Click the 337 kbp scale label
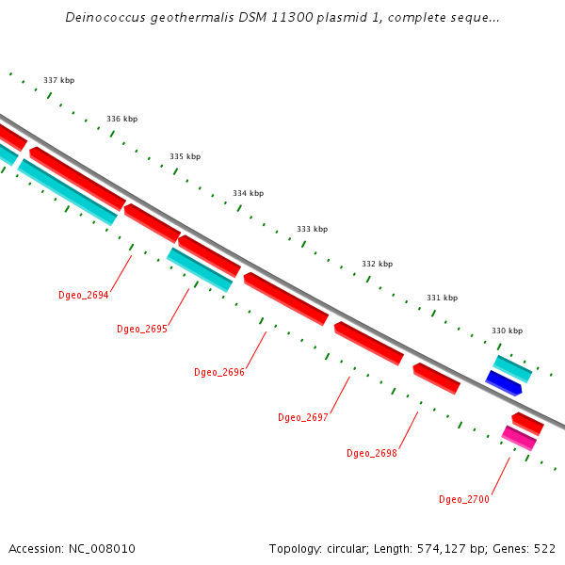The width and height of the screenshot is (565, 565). (x=58, y=81)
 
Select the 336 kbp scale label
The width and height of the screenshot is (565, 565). (x=121, y=120)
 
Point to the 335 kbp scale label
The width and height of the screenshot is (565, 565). (x=185, y=156)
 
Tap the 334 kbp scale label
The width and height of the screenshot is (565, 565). (x=248, y=193)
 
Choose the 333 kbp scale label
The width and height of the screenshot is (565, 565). (x=312, y=229)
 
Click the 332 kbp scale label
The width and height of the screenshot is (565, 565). (x=377, y=265)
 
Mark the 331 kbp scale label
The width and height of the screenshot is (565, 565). (x=442, y=298)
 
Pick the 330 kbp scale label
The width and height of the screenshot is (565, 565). (x=507, y=331)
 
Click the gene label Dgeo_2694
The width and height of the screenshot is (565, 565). (x=84, y=295)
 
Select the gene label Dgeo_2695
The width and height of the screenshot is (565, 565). (x=142, y=330)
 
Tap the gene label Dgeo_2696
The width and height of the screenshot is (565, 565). (x=219, y=373)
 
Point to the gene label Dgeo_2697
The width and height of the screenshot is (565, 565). (x=303, y=417)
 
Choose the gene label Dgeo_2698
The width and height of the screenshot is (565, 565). (x=372, y=453)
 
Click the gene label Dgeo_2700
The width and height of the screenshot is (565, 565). (x=464, y=499)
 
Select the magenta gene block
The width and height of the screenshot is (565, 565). (x=519, y=438)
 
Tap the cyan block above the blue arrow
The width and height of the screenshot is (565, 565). (x=513, y=368)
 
